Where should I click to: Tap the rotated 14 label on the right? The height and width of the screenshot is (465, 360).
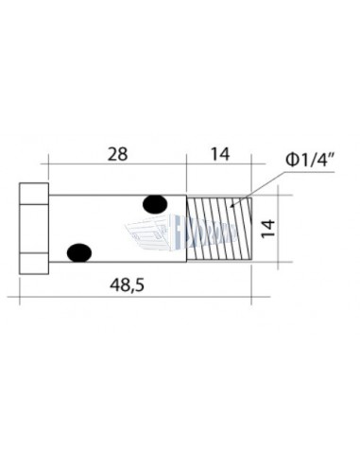pos(267,227)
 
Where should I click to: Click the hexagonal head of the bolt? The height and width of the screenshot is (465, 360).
pos(33,227)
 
